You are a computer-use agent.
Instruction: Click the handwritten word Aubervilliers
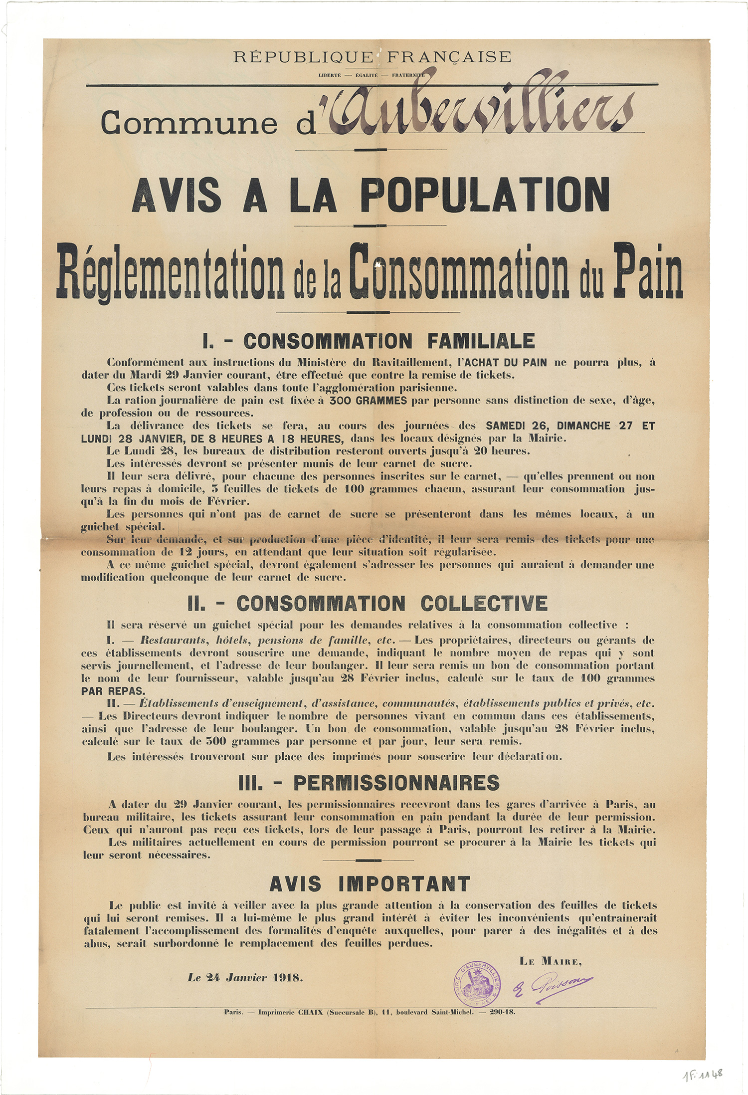[x=479, y=106]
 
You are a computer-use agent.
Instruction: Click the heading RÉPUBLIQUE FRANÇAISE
[x=373, y=56]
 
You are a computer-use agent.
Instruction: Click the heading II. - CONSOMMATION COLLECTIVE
[x=368, y=604]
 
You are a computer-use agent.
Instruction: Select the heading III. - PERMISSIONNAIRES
[x=369, y=783]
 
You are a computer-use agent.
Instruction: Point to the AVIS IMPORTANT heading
[x=370, y=884]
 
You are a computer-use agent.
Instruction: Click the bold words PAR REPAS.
[x=114, y=691]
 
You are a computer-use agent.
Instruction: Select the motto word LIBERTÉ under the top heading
[x=330, y=75]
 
